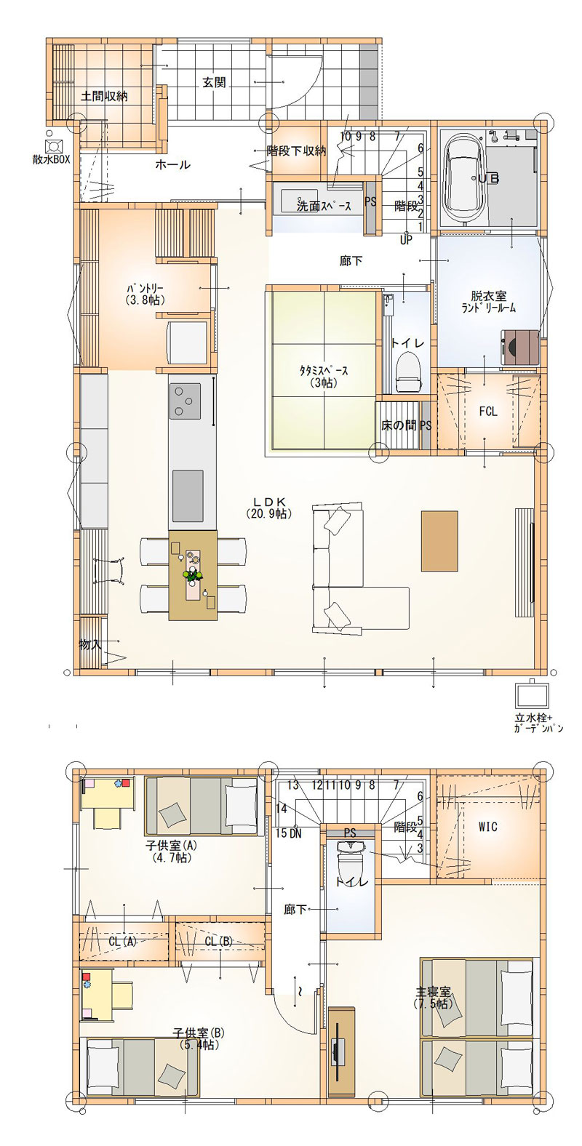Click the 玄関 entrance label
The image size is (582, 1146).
(214, 82)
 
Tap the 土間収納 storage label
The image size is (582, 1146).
(105, 96)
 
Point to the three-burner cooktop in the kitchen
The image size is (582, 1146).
(185, 400)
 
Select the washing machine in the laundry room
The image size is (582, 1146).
(520, 347)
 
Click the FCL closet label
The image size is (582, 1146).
(488, 412)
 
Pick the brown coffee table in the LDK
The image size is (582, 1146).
(439, 541)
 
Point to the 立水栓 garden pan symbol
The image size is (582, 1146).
(531, 694)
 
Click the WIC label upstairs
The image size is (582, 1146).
(487, 826)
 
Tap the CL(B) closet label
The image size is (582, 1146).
(219, 941)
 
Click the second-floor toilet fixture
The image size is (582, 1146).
(349, 861)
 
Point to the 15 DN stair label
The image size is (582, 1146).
(288, 833)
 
